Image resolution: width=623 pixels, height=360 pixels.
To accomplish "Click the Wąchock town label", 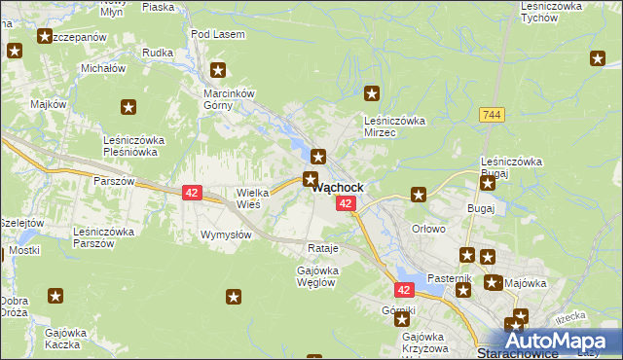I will pos(339,188).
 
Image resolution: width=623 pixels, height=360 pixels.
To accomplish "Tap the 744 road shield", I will pos(491,115).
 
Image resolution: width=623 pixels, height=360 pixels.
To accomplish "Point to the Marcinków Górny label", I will pos(228,99).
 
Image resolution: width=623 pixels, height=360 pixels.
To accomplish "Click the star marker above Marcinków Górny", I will pos(219,70).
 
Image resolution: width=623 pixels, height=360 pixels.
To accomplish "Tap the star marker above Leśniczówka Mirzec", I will pos(372,94).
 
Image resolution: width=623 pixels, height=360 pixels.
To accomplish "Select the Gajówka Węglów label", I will pos(315,276).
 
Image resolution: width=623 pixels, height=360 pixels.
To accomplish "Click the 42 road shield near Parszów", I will pos(191,194).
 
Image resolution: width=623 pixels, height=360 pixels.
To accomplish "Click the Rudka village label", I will pos(157,53).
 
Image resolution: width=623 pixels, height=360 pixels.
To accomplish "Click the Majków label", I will pos(48,103).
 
